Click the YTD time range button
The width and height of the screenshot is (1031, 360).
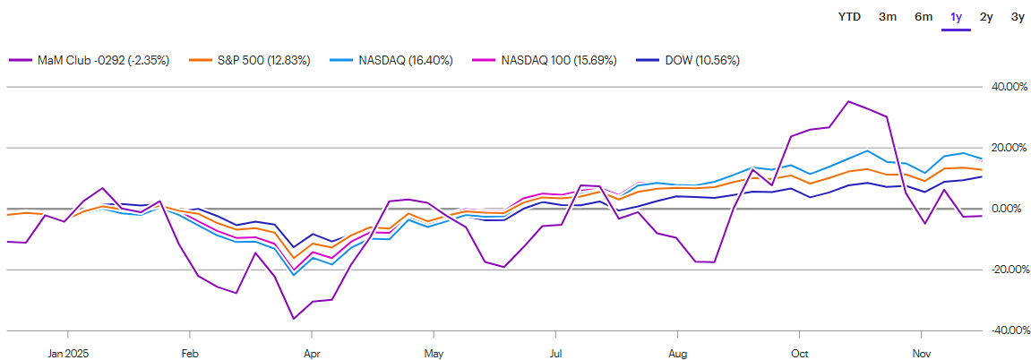849,16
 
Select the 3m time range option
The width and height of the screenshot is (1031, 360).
888,16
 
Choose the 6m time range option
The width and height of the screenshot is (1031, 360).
924,16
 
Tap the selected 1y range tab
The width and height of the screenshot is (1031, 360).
957,16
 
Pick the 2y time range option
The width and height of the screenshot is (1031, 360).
986,16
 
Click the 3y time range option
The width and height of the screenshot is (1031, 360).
1018,16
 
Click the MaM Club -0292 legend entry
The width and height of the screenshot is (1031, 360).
90,60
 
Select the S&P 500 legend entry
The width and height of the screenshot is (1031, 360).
252,60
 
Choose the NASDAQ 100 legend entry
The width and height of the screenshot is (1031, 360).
541,60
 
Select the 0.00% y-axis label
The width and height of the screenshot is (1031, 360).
1010,209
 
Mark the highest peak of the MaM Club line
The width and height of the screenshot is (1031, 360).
848,101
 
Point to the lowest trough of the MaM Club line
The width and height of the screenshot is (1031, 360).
293,319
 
